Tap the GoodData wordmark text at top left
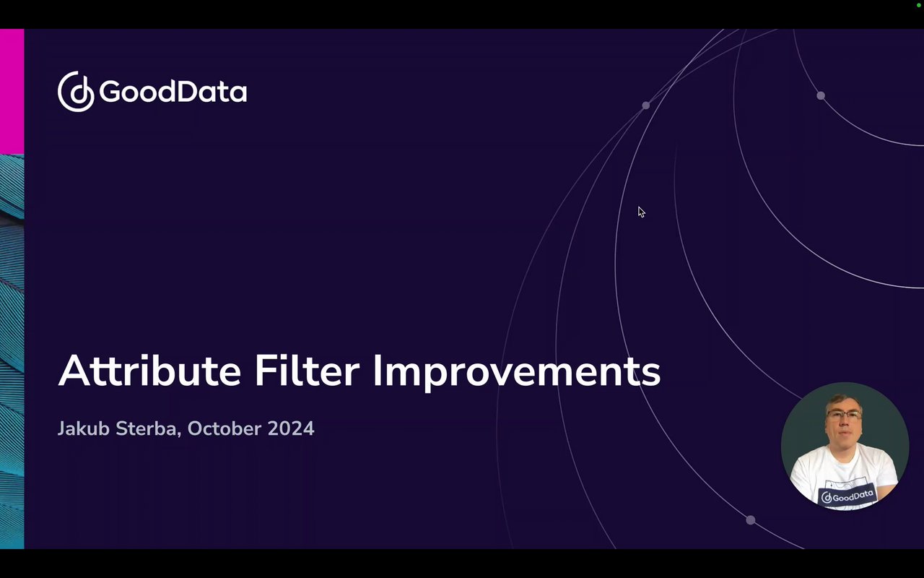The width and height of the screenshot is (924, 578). (173, 91)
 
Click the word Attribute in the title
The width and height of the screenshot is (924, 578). (149, 371)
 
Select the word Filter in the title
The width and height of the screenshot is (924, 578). (307, 370)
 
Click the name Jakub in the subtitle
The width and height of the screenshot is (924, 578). (84, 428)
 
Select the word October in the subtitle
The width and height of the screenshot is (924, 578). (225, 428)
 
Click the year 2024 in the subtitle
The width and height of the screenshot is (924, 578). (291, 428)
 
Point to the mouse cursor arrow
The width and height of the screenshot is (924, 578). (641, 212)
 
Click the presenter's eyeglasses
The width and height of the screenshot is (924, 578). (844, 415)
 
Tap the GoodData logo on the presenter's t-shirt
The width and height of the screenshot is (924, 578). (847, 496)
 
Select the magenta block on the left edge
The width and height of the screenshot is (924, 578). (12, 91)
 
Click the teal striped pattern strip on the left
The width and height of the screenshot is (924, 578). (12, 351)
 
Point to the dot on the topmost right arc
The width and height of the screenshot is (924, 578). (821, 96)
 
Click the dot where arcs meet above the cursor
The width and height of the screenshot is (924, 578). (646, 105)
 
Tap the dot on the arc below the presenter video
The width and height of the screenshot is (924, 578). (751, 520)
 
